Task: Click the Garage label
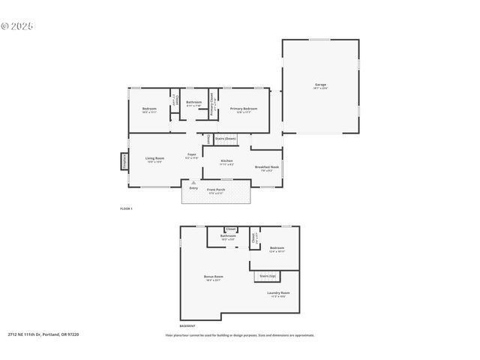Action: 320,85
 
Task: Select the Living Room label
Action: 154,158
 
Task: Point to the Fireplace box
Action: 124,161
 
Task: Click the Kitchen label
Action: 226,161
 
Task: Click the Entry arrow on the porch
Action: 193,183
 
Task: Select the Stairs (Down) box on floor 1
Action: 225,139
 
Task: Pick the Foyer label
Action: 192,156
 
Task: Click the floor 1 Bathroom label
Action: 193,103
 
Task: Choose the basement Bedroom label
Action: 277,247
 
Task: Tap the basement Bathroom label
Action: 228,237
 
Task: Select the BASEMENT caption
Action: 187,325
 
